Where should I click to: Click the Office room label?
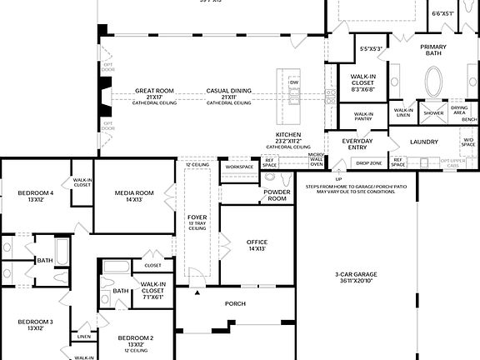pyautogui.click(x=257, y=244)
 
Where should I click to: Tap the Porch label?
pyautogui.click(x=236, y=303)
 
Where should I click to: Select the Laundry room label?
pyautogui.click(x=423, y=142)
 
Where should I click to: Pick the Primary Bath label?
pyautogui.click(x=434, y=50)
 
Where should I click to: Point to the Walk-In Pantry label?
pyautogui.click(x=363, y=116)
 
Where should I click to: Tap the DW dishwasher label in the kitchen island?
pyautogui.click(x=293, y=82)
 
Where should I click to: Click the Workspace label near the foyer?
pyautogui.click(x=238, y=166)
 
